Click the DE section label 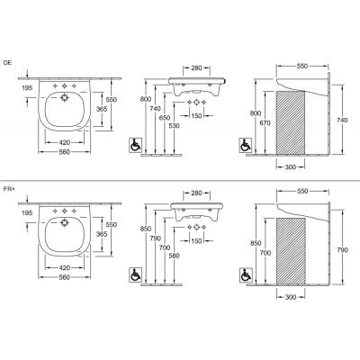pyautogui.click(x=7, y=63)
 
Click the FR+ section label pyautogui.click(x=9, y=189)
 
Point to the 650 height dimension pyautogui.click(x=165, y=118)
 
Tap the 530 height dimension pyautogui.click(x=174, y=126)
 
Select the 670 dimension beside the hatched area pyautogui.click(x=265, y=123)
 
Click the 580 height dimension pyautogui.click(x=174, y=256)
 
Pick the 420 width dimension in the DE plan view pyautogui.click(x=65, y=142)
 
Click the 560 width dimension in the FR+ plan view pyautogui.click(x=65, y=277)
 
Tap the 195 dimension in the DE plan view pyautogui.click(x=27, y=88)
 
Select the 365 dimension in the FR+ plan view pyautogui.click(x=102, y=234)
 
